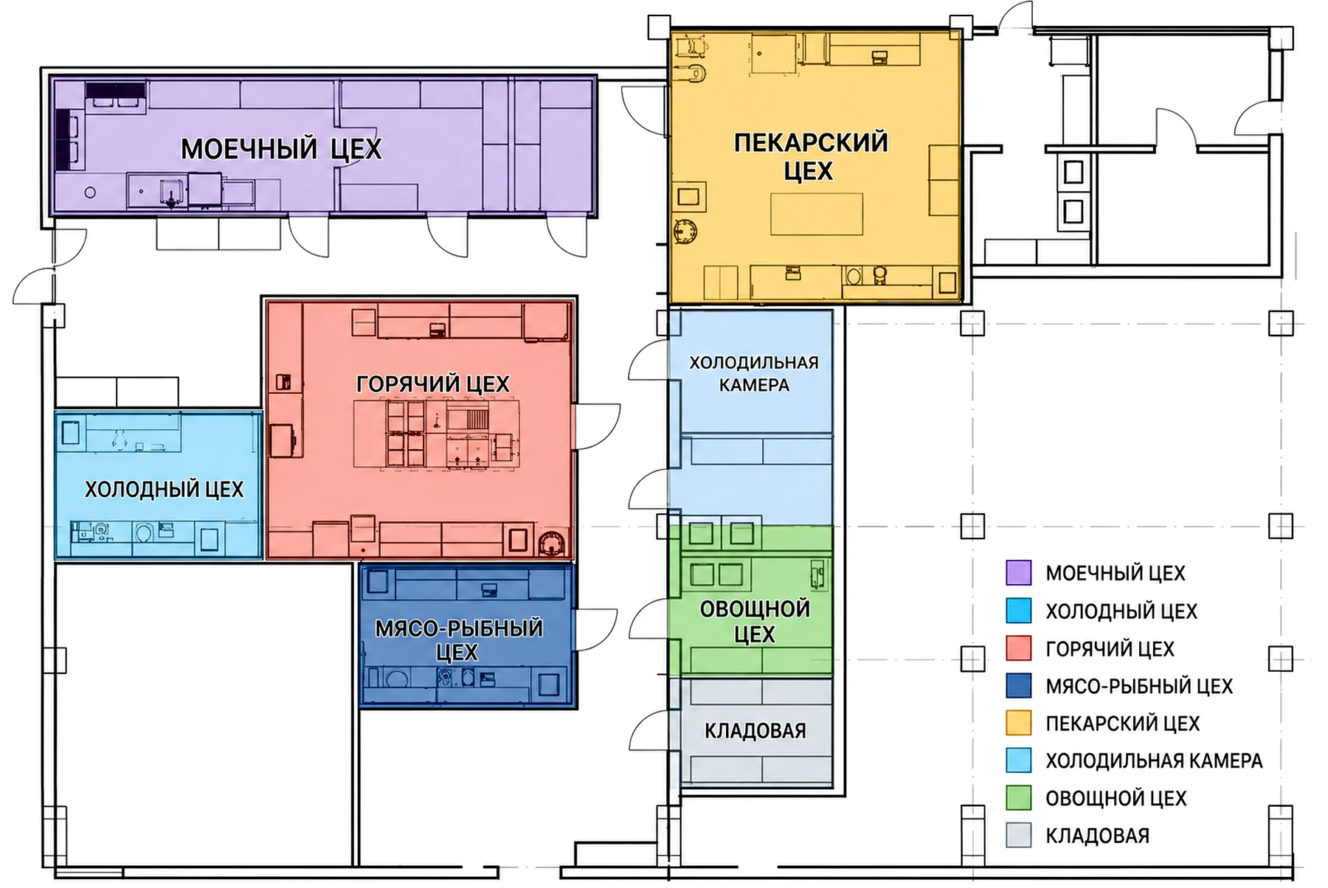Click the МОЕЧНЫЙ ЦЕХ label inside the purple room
point(281,149)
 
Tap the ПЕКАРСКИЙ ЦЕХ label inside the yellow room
point(810,156)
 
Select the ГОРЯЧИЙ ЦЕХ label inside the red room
point(432,384)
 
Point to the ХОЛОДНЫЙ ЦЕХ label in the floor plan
point(164,490)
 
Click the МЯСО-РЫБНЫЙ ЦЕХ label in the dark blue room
point(459,640)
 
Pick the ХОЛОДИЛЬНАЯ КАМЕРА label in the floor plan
point(754,374)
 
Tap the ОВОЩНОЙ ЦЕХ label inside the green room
point(755,622)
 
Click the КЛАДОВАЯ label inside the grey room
point(755,731)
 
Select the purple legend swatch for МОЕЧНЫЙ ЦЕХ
point(1018,573)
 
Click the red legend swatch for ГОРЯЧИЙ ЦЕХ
point(1018,648)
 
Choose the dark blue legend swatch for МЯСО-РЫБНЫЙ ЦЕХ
point(1018,686)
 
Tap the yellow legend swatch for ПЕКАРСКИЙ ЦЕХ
point(1018,723)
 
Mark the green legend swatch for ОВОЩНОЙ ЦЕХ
point(1018,798)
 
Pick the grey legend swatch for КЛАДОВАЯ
point(1018,836)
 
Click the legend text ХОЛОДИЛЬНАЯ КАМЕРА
point(1154,760)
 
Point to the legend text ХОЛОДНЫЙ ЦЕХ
point(1121,611)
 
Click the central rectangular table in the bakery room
point(817,214)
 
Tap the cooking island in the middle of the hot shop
point(436,434)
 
